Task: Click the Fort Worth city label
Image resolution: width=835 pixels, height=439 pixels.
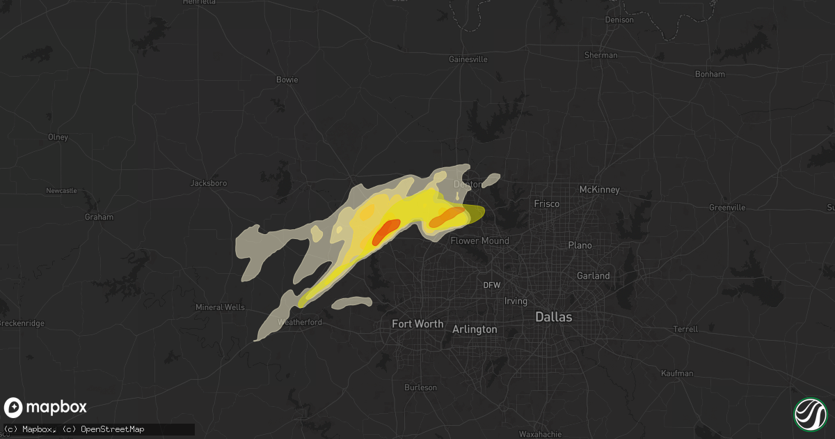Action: (x=417, y=324)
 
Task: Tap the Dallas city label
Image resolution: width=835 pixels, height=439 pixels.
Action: (x=553, y=317)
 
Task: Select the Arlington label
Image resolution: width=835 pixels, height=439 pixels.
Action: (x=475, y=329)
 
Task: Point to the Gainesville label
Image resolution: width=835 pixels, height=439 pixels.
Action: (x=468, y=60)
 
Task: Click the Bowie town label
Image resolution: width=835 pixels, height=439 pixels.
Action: (x=287, y=79)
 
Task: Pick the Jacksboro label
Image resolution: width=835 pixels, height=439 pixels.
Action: (x=209, y=183)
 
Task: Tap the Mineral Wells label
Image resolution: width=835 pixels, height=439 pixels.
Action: (x=219, y=307)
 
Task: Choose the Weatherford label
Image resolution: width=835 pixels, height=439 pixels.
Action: (x=299, y=322)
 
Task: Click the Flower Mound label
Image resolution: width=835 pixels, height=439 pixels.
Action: (x=480, y=241)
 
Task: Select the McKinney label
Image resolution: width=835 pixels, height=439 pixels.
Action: (x=599, y=190)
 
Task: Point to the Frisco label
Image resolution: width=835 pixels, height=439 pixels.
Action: (x=547, y=204)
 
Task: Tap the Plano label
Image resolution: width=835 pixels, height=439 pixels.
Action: (x=580, y=245)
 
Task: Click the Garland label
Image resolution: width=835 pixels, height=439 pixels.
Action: (x=593, y=276)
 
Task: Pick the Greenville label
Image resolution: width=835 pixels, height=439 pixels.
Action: (x=727, y=208)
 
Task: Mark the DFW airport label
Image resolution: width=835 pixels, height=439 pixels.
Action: (x=492, y=285)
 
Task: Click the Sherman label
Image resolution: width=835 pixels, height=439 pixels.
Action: (x=601, y=55)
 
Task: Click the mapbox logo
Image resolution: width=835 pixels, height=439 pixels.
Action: (x=45, y=408)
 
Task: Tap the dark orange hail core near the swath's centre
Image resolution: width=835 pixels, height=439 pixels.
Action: (x=385, y=231)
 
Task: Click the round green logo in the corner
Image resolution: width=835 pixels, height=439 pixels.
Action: (x=810, y=414)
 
